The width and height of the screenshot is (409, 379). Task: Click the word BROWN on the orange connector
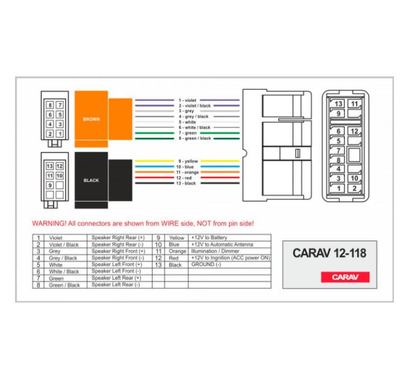coord(91,119)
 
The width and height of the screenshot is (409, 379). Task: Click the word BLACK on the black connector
coord(91,180)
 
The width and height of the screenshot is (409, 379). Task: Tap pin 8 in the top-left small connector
coord(50,105)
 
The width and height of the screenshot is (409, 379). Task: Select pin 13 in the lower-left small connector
coord(49,166)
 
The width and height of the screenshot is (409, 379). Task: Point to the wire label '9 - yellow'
coord(188,161)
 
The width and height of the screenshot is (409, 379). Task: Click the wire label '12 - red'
coord(183,178)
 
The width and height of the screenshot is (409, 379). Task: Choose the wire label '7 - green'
coord(188,133)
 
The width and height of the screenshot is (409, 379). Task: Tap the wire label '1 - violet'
coord(187,100)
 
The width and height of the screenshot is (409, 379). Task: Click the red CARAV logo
coord(345,277)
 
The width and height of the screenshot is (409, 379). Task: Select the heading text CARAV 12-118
coord(330,253)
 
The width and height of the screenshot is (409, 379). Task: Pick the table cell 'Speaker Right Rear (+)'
coord(118,238)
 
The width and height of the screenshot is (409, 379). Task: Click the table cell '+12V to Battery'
coord(209,238)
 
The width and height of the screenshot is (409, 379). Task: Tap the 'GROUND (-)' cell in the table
coord(206,265)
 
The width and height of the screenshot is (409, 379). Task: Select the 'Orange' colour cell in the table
coord(177,251)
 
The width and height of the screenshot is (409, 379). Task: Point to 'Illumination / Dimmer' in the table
coord(215,251)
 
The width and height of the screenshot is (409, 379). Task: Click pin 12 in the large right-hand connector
coord(354,131)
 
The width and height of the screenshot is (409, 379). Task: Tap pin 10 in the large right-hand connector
coord(354,179)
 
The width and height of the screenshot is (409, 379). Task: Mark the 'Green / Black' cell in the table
coord(64,285)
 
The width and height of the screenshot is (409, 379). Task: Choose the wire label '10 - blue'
coord(185,167)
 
